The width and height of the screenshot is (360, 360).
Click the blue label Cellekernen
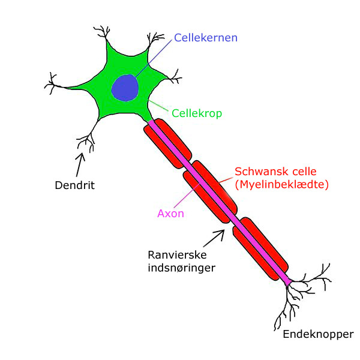click(206, 38)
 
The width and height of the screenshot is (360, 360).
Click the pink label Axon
click(170, 213)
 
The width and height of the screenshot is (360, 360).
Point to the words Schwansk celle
click(275, 172)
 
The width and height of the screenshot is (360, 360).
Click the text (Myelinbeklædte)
click(281, 185)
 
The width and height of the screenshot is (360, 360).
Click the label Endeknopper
click(317, 334)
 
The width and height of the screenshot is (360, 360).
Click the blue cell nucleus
click(125, 88)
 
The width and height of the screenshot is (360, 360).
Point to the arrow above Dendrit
click(79, 163)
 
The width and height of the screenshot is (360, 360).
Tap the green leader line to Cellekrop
click(158, 106)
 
